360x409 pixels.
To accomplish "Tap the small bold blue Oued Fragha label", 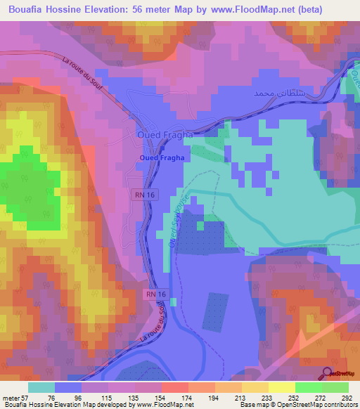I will click(162, 158).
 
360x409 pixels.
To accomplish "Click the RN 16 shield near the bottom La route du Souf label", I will click(156, 294).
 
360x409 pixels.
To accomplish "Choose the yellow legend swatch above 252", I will click(282, 387).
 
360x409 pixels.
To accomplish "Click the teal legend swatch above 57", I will click(41, 387).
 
